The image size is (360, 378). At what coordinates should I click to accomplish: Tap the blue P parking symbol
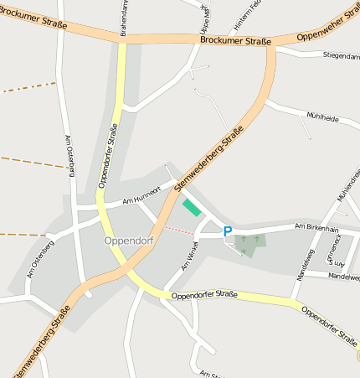(227, 231)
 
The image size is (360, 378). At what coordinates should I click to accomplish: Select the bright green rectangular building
(192, 208)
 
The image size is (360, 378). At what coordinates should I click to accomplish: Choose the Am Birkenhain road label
(316, 227)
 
